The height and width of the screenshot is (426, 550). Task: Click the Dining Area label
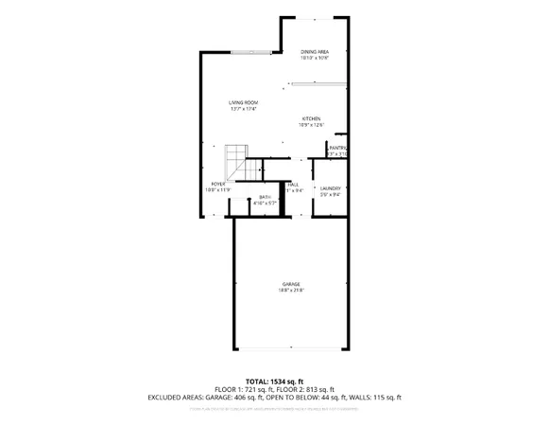[314, 51]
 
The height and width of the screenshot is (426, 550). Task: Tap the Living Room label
[243, 102]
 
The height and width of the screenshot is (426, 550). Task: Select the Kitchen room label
[311, 118]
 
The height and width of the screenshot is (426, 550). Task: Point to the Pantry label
[337, 148]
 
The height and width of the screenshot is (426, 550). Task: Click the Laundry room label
[330, 188]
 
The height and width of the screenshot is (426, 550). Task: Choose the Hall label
[294, 184]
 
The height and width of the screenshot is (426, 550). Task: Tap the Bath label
[266, 197]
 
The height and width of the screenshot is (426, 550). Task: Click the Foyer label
[217, 184]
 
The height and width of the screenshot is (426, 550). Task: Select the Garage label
[290, 283]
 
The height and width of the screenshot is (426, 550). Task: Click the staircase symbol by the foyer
[235, 158]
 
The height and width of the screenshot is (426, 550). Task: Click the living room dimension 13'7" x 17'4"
[243, 110]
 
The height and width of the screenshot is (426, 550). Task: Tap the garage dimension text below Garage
[290, 291]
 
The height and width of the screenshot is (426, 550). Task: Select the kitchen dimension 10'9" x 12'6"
[311, 125]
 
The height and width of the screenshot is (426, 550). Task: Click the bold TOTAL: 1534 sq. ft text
[274, 381]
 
